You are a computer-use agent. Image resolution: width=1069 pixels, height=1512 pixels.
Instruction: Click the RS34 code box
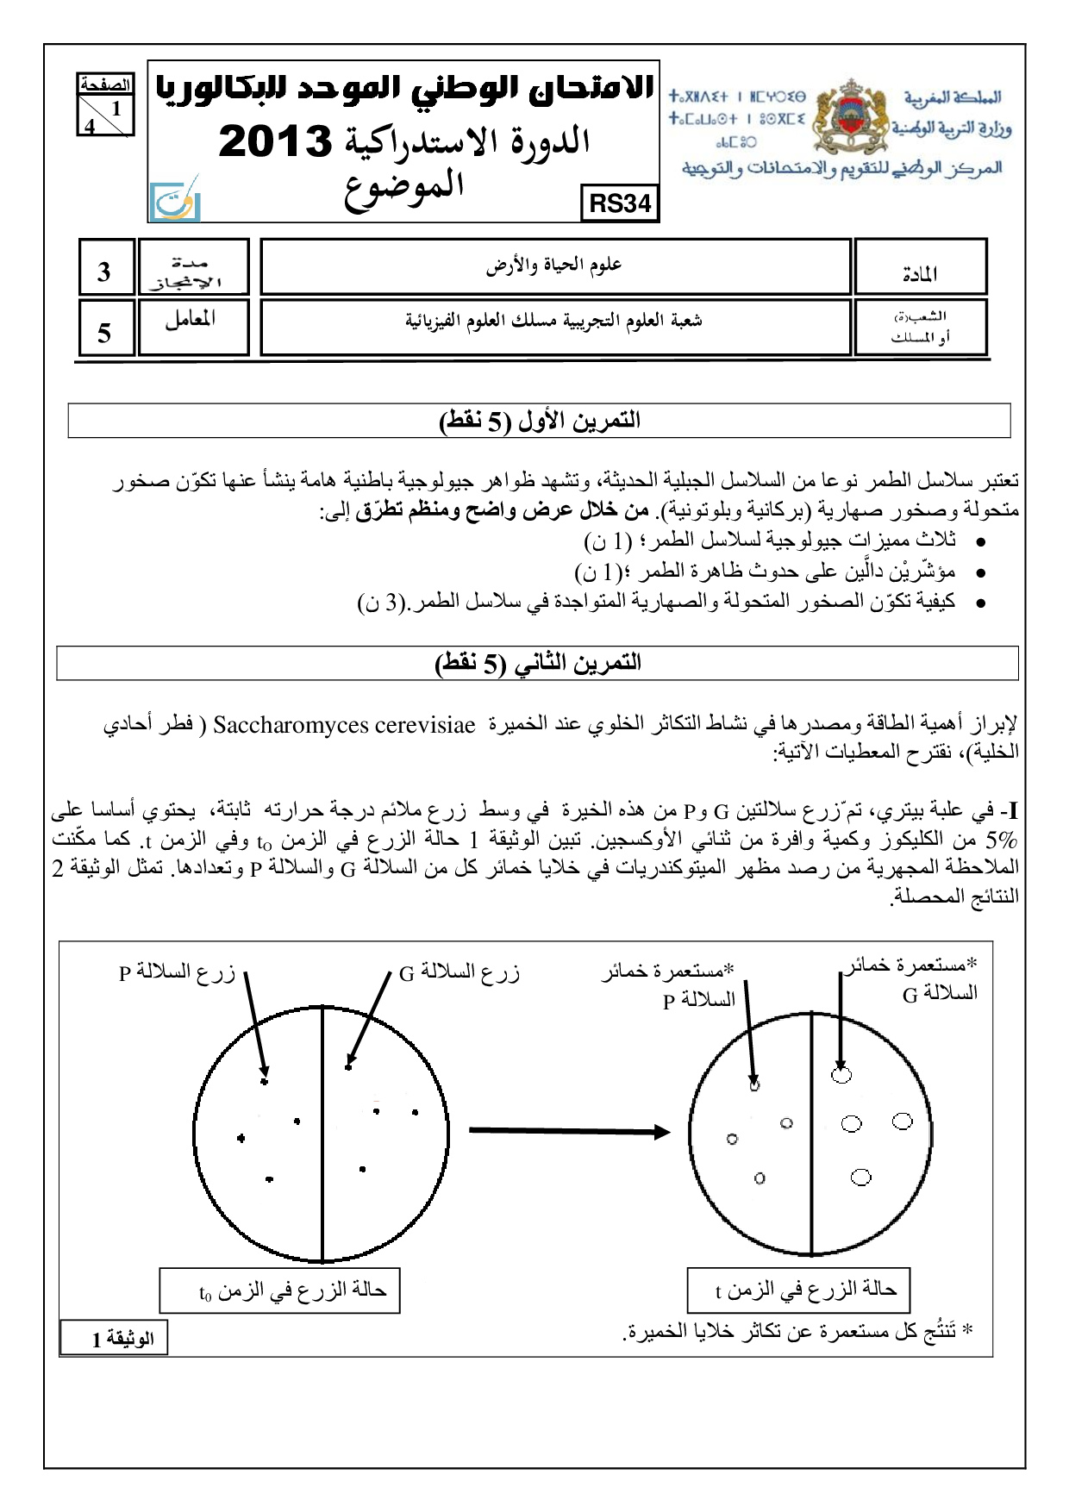point(620,203)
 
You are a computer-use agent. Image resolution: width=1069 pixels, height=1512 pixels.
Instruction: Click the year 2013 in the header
point(275,141)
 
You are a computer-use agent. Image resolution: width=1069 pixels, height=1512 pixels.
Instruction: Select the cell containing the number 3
point(105,268)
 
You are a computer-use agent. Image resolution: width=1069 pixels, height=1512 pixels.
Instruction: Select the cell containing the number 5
point(105,328)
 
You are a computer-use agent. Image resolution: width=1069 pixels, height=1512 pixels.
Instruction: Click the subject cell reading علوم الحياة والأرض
point(554,267)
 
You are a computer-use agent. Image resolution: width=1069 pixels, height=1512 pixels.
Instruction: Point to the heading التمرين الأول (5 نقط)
point(539,422)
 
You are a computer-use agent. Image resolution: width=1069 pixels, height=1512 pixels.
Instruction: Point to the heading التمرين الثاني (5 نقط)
point(537,663)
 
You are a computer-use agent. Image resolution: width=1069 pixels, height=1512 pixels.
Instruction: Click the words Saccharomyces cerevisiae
point(344,726)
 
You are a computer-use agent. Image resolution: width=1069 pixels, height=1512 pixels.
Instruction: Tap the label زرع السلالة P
point(177,973)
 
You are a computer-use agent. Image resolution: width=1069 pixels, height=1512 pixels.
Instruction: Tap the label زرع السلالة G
point(459,973)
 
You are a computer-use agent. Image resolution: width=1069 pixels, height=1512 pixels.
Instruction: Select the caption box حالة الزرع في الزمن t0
point(279,1290)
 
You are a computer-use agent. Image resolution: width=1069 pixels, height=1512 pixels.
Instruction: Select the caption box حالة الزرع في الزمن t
point(798,1290)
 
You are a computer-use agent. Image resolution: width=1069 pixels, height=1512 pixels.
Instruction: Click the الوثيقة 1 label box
point(114,1338)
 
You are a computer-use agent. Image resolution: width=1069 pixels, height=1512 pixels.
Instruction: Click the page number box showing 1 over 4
point(105,107)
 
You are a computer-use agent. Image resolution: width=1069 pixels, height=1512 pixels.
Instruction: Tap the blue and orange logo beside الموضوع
point(175,201)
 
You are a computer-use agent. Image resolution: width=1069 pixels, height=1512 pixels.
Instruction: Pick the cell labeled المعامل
point(192,327)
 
